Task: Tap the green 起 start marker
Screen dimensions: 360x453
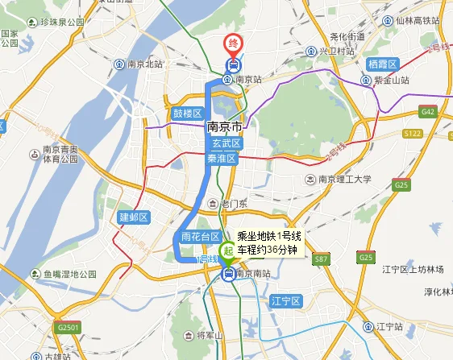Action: click(229, 251)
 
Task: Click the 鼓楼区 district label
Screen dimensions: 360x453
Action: click(187, 113)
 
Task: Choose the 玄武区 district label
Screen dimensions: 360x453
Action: click(225, 143)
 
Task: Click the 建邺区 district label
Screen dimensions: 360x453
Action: click(135, 217)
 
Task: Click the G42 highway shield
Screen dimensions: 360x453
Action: click(427, 112)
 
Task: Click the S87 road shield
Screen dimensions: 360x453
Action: click(320, 259)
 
